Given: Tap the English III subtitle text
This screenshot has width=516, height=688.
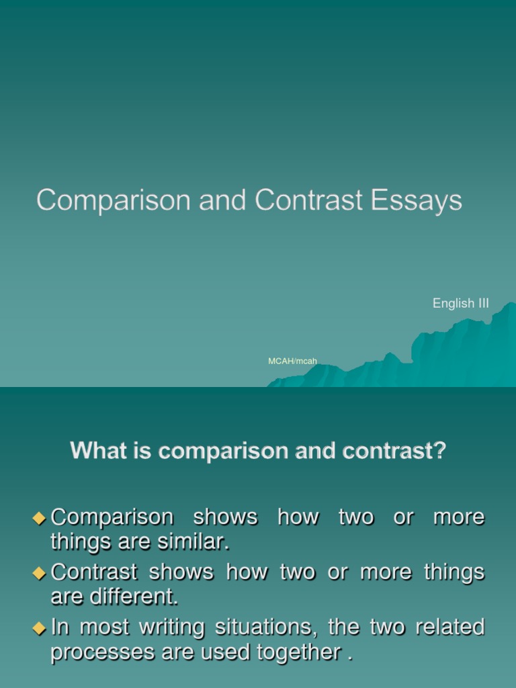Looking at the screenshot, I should (x=460, y=304).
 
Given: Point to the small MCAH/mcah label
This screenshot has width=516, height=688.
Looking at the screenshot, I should (x=292, y=361).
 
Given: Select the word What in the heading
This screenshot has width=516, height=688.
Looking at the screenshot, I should (x=95, y=451).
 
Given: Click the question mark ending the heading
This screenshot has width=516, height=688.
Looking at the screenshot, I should (x=439, y=451).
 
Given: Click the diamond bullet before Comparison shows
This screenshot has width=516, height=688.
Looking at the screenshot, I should (x=39, y=517).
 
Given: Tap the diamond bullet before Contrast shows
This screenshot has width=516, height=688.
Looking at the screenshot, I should (x=39, y=572).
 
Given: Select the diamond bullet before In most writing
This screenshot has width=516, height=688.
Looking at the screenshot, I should (x=39, y=628).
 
